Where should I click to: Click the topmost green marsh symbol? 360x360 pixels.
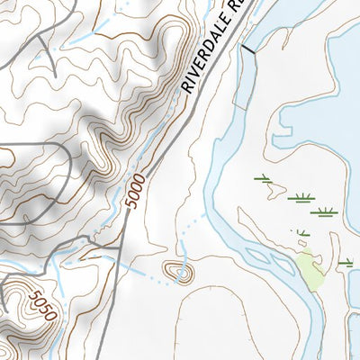point(263,178)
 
